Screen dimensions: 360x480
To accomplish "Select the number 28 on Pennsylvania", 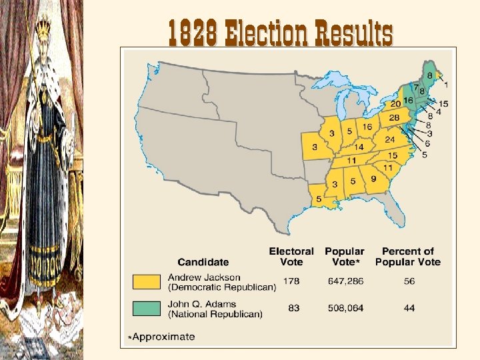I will click(x=394, y=118).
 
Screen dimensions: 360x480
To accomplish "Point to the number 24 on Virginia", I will click(x=391, y=140).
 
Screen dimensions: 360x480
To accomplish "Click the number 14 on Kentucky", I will click(x=358, y=147).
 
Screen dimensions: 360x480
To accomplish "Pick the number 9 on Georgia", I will click(x=373, y=179).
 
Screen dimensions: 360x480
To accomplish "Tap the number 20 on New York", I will click(x=395, y=103).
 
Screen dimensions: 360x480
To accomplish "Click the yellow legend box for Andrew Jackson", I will click(x=147, y=281).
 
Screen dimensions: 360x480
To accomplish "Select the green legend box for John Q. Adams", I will click(x=147, y=309).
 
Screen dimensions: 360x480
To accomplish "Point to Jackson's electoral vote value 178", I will click(x=291, y=281).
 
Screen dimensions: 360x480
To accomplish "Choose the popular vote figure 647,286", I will click(x=344, y=281).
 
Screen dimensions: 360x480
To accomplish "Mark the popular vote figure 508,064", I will click(x=344, y=308).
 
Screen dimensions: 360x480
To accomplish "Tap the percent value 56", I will click(x=409, y=281).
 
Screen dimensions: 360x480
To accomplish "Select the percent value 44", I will click(x=409, y=308).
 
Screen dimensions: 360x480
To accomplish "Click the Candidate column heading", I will click(x=203, y=262).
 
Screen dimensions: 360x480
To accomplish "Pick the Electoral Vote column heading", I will click(x=291, y=256).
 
